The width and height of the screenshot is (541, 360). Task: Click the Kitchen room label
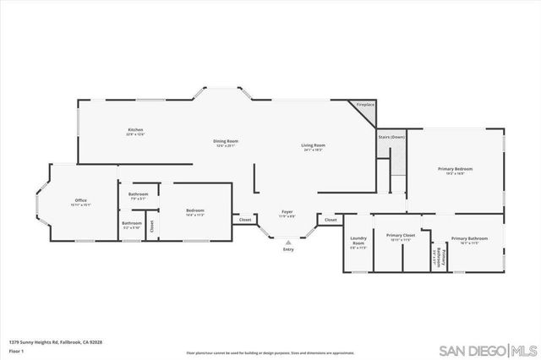tap(135, 130)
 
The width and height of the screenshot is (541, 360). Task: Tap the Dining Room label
tap(226, 141)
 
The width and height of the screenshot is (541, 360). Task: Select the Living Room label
tap(313, 145)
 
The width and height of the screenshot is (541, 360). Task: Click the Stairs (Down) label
tap(391, 136)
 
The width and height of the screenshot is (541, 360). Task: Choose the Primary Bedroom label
tap(455, 169)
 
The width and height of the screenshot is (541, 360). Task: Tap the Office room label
tap(81, 200)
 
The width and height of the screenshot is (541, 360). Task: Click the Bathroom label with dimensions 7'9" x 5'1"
tap(139, 194)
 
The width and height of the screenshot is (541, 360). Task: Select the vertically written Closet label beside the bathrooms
tap(152, 226)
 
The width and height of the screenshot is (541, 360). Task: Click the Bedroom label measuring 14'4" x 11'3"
tap(194, 210)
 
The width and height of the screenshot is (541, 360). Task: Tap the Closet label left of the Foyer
tap(245, 220)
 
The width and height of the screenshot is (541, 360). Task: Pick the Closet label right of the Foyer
tap(331, 220)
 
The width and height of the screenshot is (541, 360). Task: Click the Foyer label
tap(288, 212)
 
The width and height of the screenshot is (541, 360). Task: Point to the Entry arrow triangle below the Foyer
tap(288, 241)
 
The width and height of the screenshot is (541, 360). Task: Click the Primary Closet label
tap(400, 236)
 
